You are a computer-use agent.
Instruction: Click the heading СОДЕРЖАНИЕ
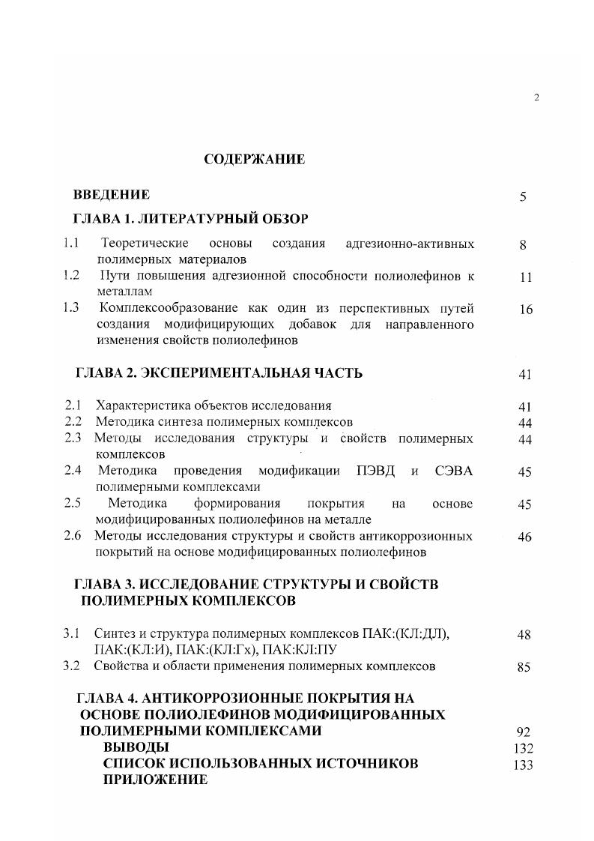(255, 160)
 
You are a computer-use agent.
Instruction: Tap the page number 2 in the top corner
(536, 97)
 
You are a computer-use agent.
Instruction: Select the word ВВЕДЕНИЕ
(112, 195)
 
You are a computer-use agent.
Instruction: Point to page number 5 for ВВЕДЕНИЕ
(524, 197)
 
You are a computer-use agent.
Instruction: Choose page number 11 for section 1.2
(525, 277)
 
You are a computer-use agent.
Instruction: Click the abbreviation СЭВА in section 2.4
(453, 471)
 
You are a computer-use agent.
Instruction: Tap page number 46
(524, 537)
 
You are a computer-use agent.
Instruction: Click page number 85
(524, 666)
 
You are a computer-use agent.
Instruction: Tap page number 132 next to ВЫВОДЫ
(524, 749)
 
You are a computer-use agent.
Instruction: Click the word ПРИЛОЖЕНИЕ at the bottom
(155, 780)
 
